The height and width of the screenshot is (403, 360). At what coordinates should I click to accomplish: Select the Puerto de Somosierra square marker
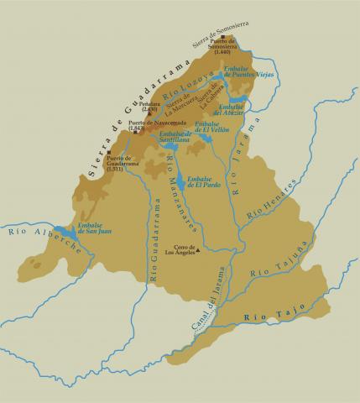pyautogui.click(x=221, y=37)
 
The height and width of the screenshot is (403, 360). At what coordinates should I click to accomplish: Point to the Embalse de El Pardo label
pyautogui.click(x=205, y=182)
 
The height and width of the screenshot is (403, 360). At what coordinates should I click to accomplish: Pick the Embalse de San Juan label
pyautogui.click(x=93, y=228)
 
